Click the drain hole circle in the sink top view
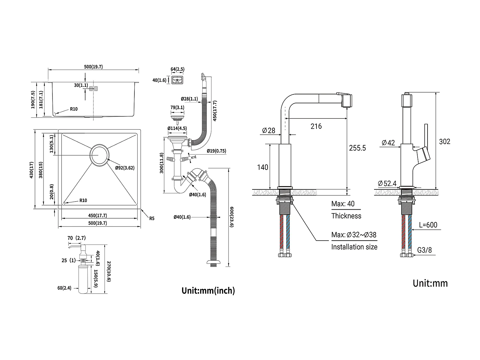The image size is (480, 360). point(100,156)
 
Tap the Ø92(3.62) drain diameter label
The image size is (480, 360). point(125,167)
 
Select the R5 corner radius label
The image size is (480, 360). point(152,219)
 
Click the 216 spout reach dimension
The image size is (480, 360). point(316,126)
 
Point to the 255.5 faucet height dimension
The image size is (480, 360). point(357,148)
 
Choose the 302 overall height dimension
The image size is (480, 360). point(444,141)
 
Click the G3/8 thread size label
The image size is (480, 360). point(425,250)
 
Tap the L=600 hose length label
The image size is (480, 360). point(428,225)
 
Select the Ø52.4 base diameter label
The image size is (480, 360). point(387,183)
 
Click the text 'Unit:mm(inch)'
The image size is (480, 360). point(208,291)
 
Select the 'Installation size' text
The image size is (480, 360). point(354,247)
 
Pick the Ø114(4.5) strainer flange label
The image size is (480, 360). point(177,128)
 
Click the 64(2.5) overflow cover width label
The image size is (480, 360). point(177,69)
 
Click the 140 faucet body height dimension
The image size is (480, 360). point(263,167)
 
